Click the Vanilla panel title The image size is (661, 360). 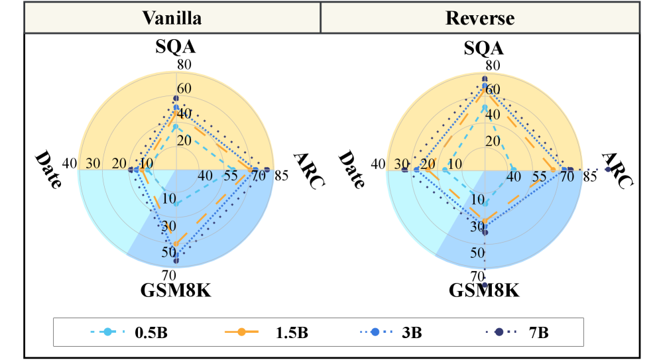coord(172,18)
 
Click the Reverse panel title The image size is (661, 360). coord(481,18)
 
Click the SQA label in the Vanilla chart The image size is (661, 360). coord(176,48)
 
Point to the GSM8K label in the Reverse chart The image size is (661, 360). coord(484,291)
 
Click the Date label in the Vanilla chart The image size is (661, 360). coord(48,170)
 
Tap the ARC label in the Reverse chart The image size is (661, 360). coord(616,170)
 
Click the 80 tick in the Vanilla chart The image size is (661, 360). coord(184,65)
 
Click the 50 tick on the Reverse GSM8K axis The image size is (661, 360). coord(477,253)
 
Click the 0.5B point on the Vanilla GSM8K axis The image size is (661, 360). coord(176,204)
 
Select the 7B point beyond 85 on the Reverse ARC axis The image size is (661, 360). coord(607,170)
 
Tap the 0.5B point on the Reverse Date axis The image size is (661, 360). coord(445,170)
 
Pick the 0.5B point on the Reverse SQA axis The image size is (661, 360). coord(484,107)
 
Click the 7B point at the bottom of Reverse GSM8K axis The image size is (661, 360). coord(485,285)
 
